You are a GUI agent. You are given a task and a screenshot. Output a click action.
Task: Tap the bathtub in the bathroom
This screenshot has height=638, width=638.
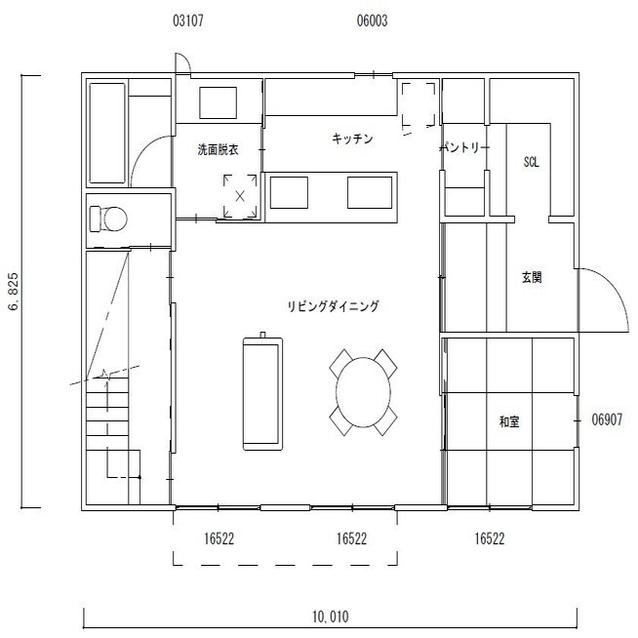click(x=107, y=133)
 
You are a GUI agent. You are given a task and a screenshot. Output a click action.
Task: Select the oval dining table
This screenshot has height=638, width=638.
click(x=363, y=392)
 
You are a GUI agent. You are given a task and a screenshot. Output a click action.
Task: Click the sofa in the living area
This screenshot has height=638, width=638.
click(x=262, y=393)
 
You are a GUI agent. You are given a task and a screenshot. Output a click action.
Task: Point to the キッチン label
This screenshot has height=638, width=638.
click(x=352, y=139)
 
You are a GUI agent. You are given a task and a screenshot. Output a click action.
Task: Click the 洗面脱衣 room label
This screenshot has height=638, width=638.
click(x=219, y=149)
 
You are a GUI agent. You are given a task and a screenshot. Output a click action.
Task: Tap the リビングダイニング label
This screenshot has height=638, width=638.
click(x=334, y=305)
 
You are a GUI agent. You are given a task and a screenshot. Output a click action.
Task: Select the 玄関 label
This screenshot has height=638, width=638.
click(x=532, y=277)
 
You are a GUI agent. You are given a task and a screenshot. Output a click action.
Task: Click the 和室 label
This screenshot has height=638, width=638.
click(x=509, y=421)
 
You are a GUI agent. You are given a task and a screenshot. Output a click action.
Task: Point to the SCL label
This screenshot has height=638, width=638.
click(x=531, y=162)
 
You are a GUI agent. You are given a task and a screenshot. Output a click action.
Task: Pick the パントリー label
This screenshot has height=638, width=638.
click(x=464, y=147)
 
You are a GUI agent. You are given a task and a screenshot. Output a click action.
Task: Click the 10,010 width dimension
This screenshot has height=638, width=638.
click(x=331, y=617)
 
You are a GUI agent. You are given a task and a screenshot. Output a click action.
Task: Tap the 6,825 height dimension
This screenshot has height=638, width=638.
click(x=14, y=292)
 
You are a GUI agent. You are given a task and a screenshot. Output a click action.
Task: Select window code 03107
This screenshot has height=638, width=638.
click(x=188, y=20)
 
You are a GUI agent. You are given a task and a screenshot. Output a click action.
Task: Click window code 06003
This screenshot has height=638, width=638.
click(x=372, y=20)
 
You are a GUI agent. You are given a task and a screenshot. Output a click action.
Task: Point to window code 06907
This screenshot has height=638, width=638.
click(x=607, y=419)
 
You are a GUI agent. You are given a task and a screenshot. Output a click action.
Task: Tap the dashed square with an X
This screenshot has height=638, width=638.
click(x=240, y=196)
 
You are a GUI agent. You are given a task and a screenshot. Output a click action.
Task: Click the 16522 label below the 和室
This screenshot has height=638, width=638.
click(x=490, y=538)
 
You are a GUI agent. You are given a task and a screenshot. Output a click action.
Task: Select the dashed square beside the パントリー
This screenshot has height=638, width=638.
click(x=419, y=104)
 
